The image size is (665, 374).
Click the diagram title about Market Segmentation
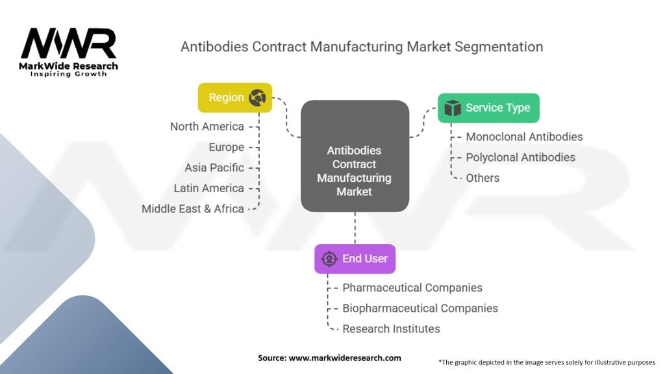(x=361, y=47)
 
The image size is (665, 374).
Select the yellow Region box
(x=234, y=97)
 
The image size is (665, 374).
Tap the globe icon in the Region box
(x=258, y=97)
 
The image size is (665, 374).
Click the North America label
(x=207, y=127)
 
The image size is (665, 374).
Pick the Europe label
(x=226, y=147)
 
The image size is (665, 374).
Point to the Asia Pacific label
(x=214, y=168)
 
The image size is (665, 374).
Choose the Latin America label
(x=209, y=188)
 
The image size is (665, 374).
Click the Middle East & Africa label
(x=193, y=209)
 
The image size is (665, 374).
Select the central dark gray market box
(x=355, y=156)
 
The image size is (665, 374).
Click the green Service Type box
(x=488, y=108)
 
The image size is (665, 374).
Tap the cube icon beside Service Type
(x=453, y=108)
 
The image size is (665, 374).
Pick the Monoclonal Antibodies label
(x=524, y=137)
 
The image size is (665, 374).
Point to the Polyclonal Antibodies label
(x=520, y=157)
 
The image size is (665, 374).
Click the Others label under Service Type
(x=483, y=178)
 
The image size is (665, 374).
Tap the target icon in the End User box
(x=329, y=258)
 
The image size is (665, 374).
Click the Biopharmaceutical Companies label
(x=420, y=308)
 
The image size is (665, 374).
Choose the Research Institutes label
(x=391, y=329)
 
